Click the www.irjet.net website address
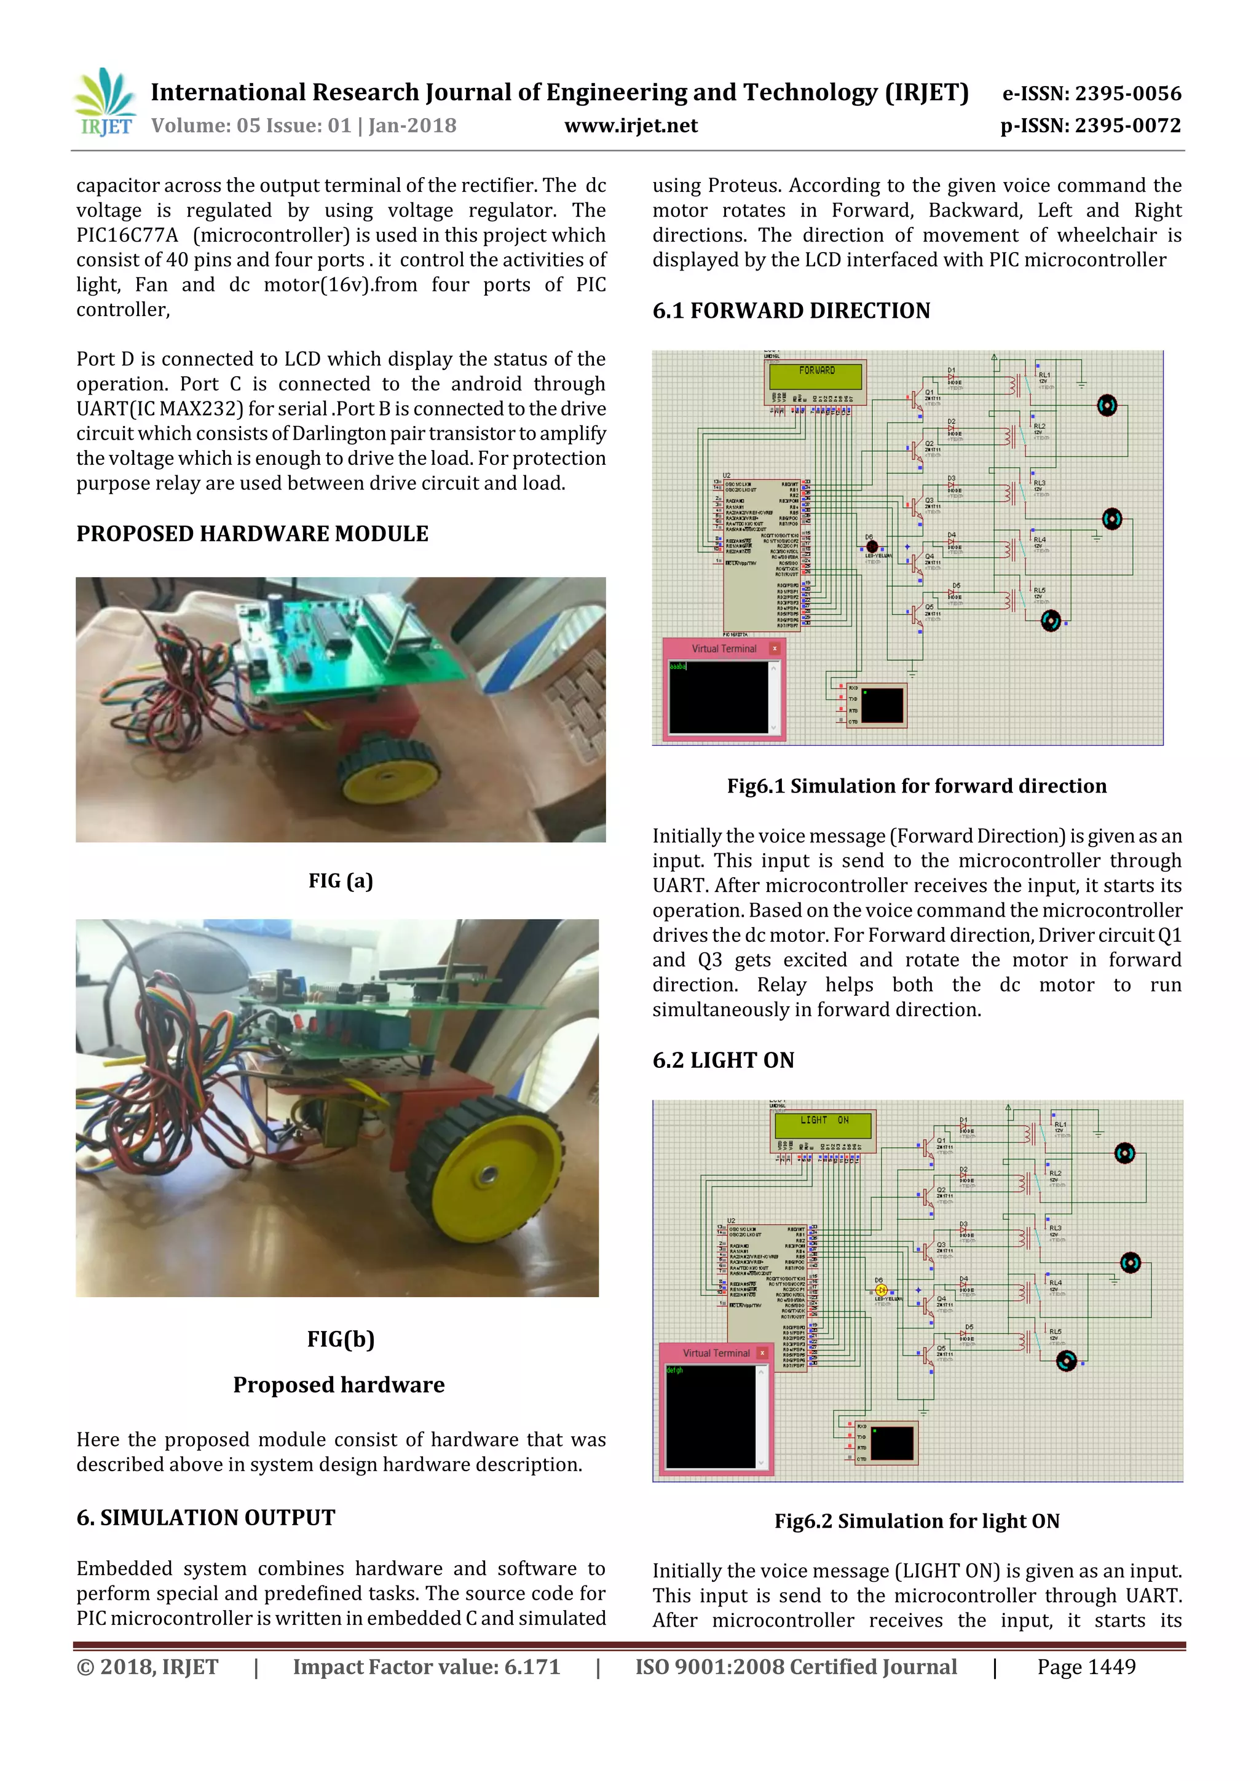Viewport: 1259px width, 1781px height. pyautogui.click(x=631, y=125)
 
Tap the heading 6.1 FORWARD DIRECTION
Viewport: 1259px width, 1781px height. pyautogui.click(x=791, y=310)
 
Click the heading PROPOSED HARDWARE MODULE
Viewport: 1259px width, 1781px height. pyautogui.click(x=252, y=534)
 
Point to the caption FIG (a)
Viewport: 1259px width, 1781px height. pyautogui.click(x=341, y=880)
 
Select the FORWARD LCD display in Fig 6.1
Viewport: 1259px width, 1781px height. pyautogui.click(x=816, y=374)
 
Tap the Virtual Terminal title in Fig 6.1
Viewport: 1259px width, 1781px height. pyautogui.click(x=723, y=649)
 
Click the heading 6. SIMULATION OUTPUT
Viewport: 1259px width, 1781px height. pyautogui.click(x=205, y=1517)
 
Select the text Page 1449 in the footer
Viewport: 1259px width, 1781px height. pyautogui.click(x=1086, y=1667)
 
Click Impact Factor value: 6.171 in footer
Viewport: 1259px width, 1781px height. pyautogui.click(x=426, y=1667)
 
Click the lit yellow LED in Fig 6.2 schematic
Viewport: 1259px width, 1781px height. pyautogui.click(x=881, y=1290)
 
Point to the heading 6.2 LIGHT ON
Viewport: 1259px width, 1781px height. pyautogui.click(x=723, y=1060)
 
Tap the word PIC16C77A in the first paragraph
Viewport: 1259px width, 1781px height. pyautogui.click(x=127, y=235)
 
